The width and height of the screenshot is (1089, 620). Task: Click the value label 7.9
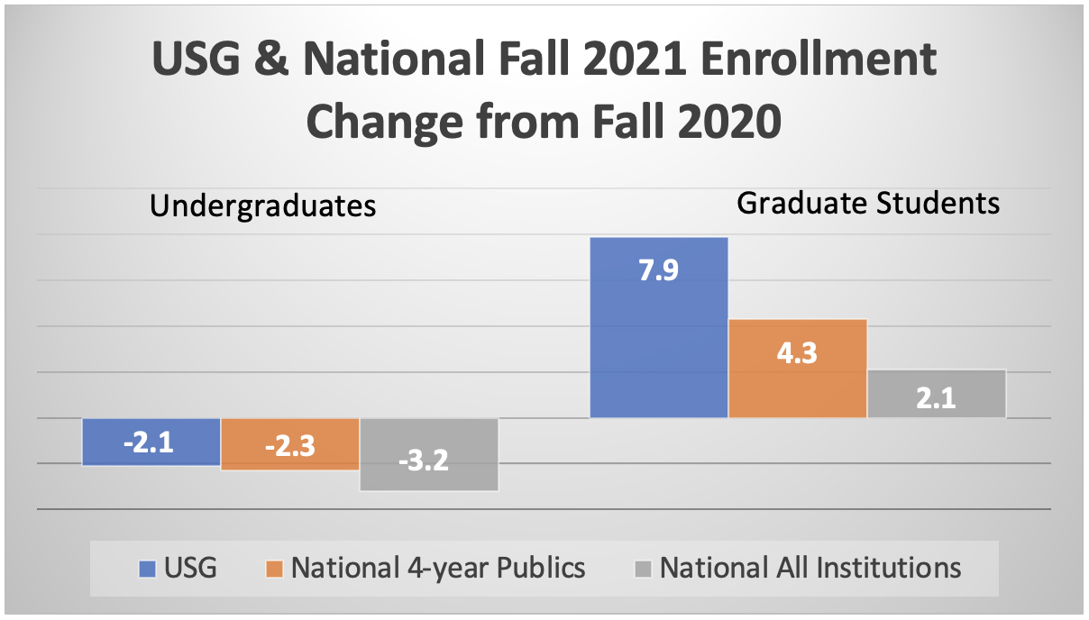[x=658, y=271]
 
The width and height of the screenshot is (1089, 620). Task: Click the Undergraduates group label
[x=262, y=206]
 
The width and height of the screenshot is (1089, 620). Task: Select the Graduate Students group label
[x=868, y=203]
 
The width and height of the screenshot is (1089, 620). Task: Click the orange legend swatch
[x=275, y=569]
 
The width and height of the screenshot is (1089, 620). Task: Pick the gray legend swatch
[x=643, y=569]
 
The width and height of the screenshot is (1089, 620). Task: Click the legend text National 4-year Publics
[x=438, y=569]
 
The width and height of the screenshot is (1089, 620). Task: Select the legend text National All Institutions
[x=810, y=569]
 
